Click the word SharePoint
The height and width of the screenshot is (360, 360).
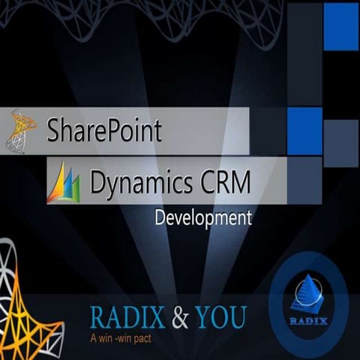(x=103, y=130)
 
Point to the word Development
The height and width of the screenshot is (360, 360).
(x=202, y=219)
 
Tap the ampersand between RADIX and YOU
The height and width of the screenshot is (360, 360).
(x=181, y=316)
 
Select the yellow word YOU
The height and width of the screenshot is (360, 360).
(x=220, y=316)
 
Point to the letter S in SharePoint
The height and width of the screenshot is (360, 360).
(x=53, y=130)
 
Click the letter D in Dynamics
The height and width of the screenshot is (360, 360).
(x=98, y=181)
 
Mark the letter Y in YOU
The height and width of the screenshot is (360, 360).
(x=202, y=316)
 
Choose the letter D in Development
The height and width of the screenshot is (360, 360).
(x=159, y=219)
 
